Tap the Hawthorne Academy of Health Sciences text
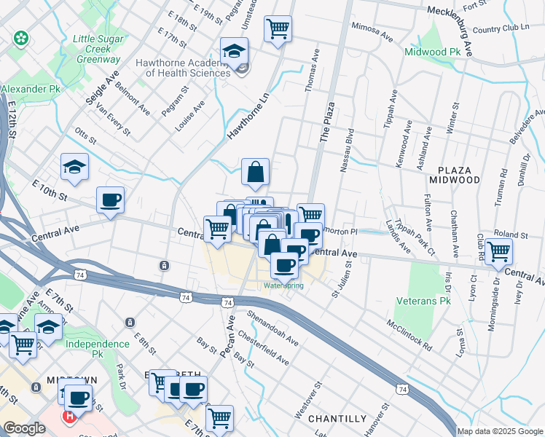pyautogui.click(x=183, y=67)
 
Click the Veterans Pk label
pyautogui.click(x=423, y=300)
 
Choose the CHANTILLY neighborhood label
pyautogui.click(x=337, y=419)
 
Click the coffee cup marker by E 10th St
pyautogui.click(x=110, y=200)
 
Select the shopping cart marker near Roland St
pyautogui.click(x=499, y=251)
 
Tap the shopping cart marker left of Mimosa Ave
pyautogui.click(x=278, y=29)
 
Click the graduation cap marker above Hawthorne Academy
pyautogui.click(x=235, y=51)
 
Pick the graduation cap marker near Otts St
pyautogui.click(x=74, y=167)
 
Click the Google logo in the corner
pyautogui.click(x=25, y=428)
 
